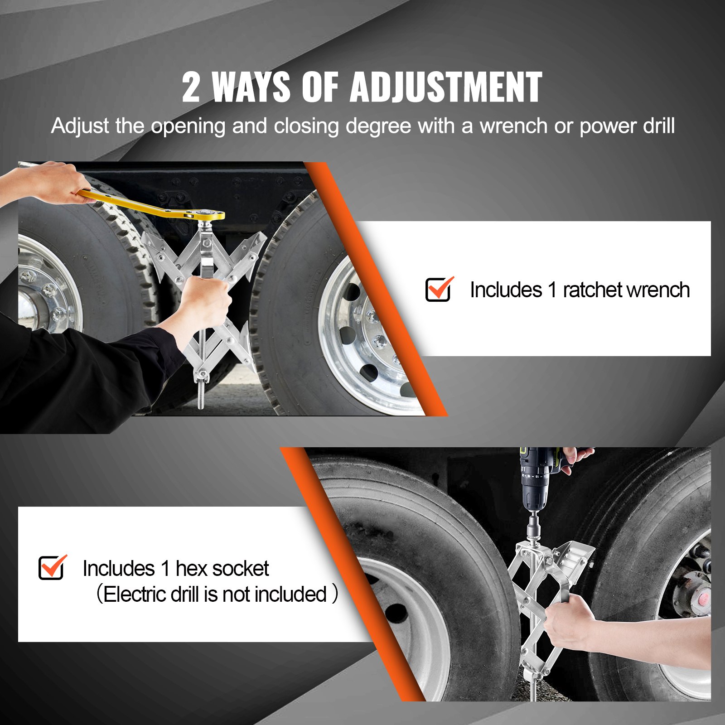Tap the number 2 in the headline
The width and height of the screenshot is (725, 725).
[191, 88]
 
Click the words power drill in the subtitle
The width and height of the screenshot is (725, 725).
[627, 126]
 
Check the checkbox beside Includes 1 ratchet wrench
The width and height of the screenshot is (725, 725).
[438, 290]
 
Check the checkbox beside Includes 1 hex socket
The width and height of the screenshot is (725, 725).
[51, 568]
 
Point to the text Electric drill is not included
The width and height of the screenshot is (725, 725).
[215, 594]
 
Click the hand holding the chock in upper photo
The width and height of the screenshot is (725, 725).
[206, 301]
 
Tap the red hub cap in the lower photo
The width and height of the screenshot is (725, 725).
[703, 599]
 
